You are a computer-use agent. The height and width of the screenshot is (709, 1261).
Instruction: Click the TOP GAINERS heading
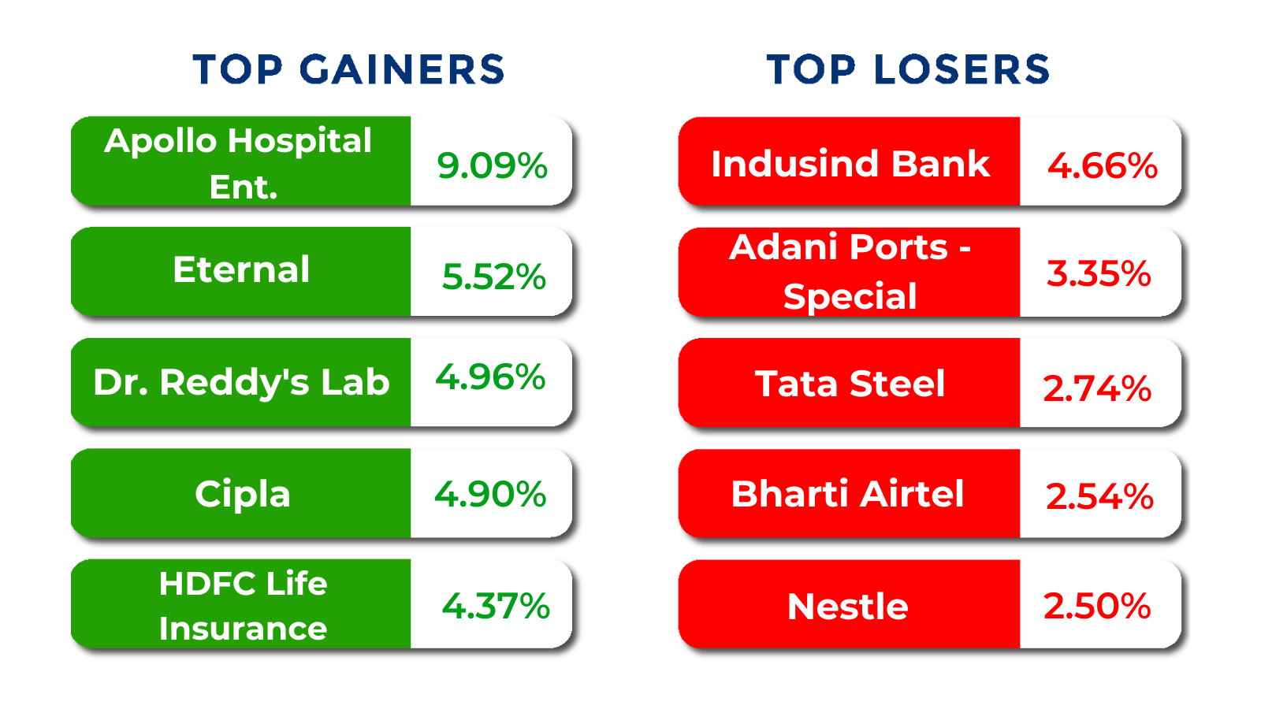point(348,70)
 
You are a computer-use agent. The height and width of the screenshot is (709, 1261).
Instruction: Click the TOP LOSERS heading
point(908,70)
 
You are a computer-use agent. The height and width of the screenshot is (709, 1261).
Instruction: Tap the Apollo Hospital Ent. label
point(238,163)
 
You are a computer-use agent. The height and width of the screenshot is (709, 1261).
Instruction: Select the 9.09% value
point(492,166)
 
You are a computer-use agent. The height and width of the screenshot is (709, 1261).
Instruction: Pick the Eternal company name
point(241,269)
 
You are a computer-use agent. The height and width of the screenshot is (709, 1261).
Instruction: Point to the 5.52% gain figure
point(493,277)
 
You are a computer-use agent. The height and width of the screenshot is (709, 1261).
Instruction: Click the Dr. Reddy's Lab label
point(241,383)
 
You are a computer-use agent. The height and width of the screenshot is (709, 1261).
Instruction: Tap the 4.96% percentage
point(490,377)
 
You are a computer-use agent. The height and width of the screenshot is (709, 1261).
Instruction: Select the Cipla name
point(243,494)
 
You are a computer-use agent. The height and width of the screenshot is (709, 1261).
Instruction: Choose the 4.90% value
point(490,494)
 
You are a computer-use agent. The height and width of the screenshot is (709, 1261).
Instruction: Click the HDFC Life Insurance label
point(243,606)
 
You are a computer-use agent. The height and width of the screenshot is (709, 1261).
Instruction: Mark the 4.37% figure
point(496,606)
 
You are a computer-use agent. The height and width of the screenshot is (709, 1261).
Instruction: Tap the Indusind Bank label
point(850,164)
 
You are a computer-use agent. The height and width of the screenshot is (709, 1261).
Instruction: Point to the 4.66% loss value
point(1103,166)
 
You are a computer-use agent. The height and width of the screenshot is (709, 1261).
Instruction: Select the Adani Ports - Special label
point(850,272)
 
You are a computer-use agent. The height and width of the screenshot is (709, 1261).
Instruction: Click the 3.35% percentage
point(1099,274)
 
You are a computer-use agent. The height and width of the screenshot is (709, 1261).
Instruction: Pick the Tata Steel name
point(850,384)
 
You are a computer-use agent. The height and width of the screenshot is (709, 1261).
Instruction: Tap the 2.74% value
point(1097,389)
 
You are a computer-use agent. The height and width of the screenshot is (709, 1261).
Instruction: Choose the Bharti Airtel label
point(847,494)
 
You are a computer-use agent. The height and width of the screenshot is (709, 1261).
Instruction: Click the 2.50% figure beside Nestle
point(1097,606)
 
